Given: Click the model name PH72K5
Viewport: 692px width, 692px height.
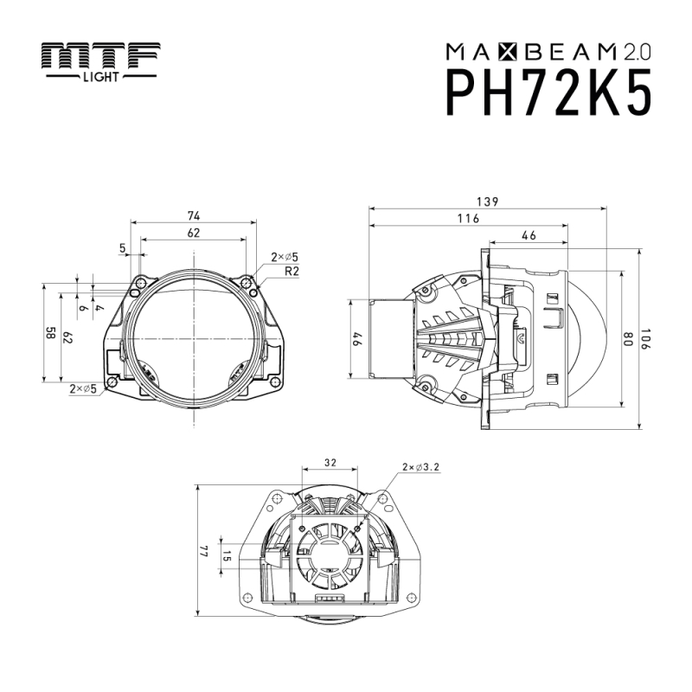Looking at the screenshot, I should tap(548, 92).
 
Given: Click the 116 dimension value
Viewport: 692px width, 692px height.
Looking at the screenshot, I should tap(468, 220).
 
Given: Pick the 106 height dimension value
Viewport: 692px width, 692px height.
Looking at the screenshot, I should tap(650, 339).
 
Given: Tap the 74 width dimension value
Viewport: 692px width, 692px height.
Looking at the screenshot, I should tap(195, 215).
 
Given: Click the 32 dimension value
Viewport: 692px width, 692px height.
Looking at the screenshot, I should tap(330, 463).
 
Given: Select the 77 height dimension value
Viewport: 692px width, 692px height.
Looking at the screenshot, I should tap(205, 551).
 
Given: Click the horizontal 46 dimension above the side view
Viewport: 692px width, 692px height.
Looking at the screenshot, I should tap(528, 235).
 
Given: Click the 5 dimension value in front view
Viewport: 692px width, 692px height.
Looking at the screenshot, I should tap(124, 249).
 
